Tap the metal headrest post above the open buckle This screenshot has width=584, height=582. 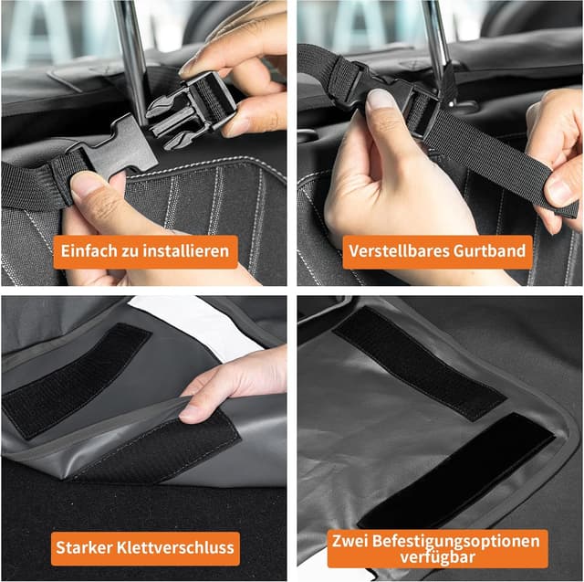(x=133, y=46)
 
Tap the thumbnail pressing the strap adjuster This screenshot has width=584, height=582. (x=380, y=100)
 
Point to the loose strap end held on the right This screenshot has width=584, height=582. (x=511, y=164)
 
